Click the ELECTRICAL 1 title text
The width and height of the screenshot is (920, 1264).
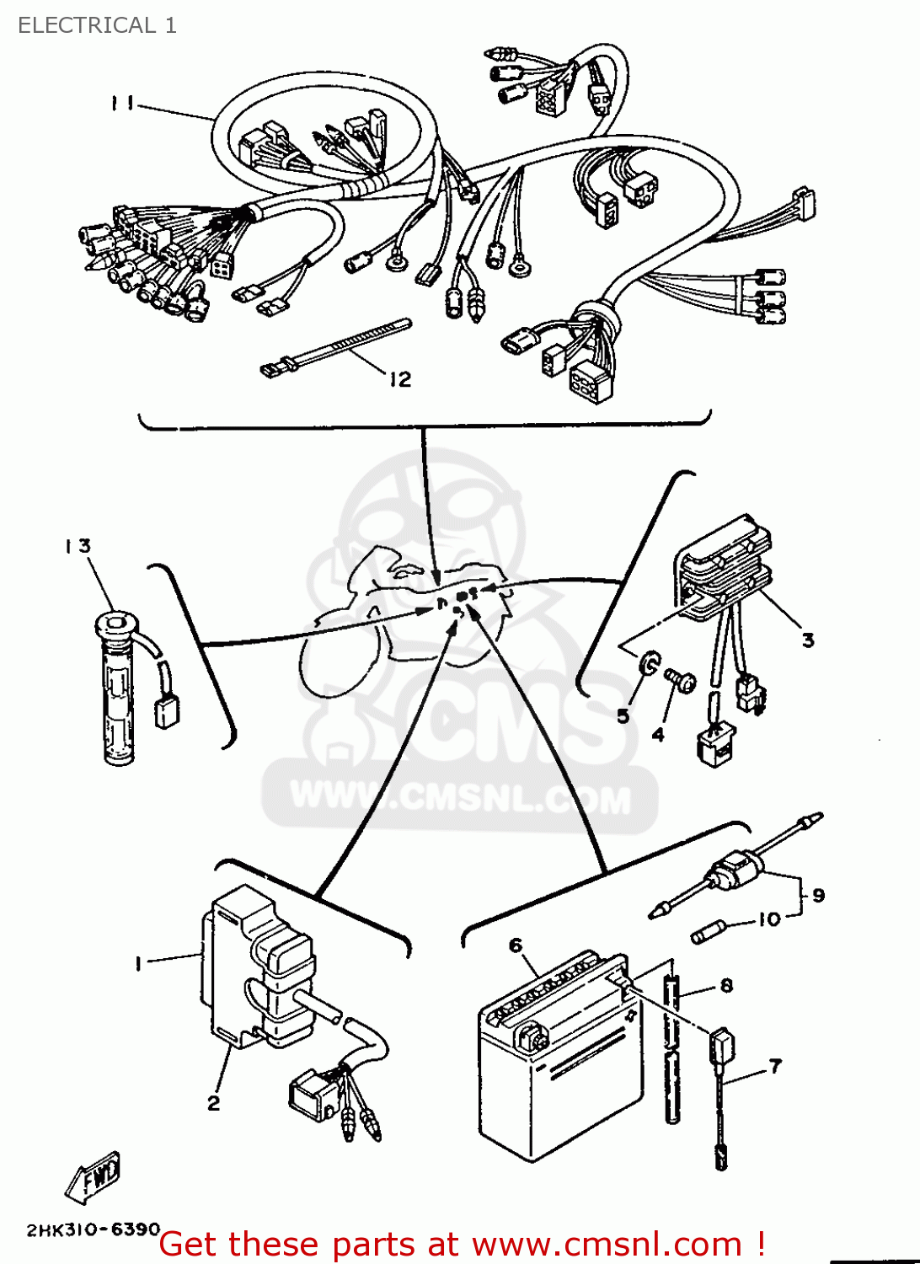click(97, 25)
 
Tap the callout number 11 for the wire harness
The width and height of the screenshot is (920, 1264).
click(122, 103)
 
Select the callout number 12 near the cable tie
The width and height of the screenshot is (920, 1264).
click(399, 379)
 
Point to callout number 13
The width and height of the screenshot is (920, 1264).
click(78, 546)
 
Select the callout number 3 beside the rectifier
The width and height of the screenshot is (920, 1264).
click(808, 640)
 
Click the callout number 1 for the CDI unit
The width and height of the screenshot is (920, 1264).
click(138, 963)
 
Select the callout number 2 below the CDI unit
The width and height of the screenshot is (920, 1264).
click(214, 1102)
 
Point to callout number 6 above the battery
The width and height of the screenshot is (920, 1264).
click(516, 945)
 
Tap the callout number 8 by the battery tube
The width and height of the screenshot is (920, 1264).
click(726, 985)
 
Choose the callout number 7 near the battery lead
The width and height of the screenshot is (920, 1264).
click(775, 1066)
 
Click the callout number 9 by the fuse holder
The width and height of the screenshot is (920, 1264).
click(818, 895)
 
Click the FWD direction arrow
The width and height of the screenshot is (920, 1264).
click(94, 1175)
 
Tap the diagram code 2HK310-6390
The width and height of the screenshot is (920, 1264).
click(93, 1229)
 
